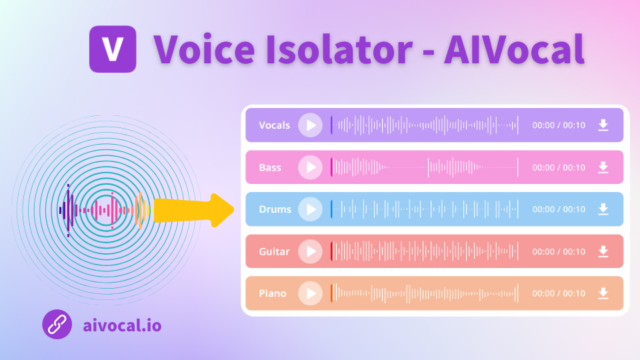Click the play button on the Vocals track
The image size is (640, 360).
[x=310, y=125]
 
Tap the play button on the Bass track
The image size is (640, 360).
[x=310, y=167]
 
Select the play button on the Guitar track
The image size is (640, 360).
[x=310, y=251]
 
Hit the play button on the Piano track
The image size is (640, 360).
[x=310, y=293]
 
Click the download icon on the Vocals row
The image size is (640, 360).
[x=603, y=125]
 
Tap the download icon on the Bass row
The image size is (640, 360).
[x=603, y=167]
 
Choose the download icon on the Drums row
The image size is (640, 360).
[x=603, y=209]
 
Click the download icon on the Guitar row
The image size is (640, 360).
[x=603, y=251]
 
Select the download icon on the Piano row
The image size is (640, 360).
[x=603, y=293]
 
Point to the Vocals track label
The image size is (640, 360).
[x=274, y=125]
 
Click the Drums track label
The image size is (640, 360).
[x=275, y=209]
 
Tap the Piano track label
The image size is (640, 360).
[x=273, y=293]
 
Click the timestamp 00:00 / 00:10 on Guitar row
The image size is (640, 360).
[x=558, y=251]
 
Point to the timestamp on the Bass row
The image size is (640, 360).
[x=558, y=167]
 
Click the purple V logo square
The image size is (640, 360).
[x=113, y=49]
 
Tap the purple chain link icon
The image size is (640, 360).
[x=57, y=325]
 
